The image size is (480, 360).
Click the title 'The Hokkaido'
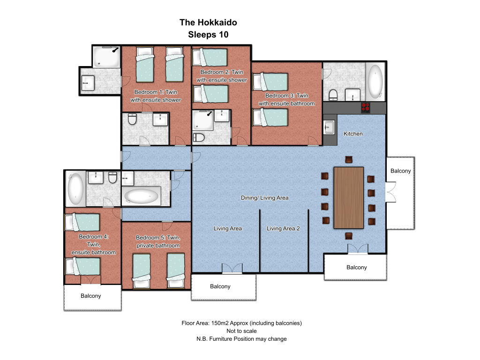pyautogui.click(x=208, y=22)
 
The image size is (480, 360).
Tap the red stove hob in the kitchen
pyautogui.click(x=366, y=107)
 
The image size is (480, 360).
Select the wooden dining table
pyautogui.click(x=349, y=198)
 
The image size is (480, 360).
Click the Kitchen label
pyautogui.click(x=353, y=134)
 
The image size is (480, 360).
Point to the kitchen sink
pyautogui.click(x=329, y=127)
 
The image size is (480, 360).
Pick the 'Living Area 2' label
pyautogui.click(x=283, y=228)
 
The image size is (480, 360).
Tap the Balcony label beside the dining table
pyautogui.click(x=400, y=171)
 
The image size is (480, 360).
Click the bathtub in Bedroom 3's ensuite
pyautogui.click(x=375, y=82)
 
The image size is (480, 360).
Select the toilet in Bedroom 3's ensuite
pyautogui.click(x=333, y=95)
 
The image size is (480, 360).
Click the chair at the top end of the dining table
pyautogui.click(x=349, y=159)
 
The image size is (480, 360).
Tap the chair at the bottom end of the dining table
pyautogui.click(x=349, y=236)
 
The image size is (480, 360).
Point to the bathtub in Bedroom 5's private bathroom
pyautogui.click(x=141, y=196)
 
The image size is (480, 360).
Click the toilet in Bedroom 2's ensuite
pyautogui.click(x=199, y=137)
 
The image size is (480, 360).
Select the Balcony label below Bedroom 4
pyautogui.click(x=90, y=296)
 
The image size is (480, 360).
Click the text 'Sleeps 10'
pyautogui.click(x=208, y=35)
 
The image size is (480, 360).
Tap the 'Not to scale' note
pyautogui.click(x=241, y=331)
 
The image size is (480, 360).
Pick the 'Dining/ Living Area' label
pyautogui.click(x=264, y=198)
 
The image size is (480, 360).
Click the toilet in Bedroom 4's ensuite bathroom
pyautogui.click(x=112, y=177)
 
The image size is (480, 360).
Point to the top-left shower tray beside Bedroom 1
pyautogui.click(x=106, y=57)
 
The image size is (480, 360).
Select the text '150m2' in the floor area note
pyautogui.click(x=219, y=323)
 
